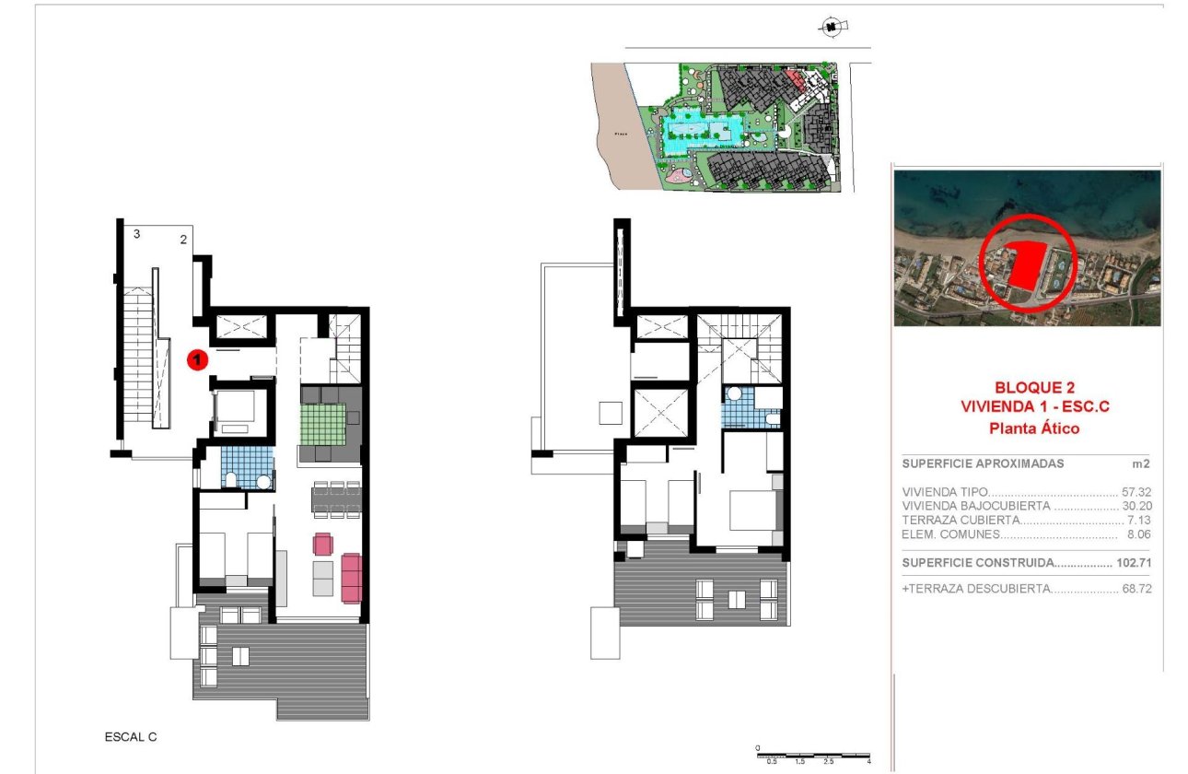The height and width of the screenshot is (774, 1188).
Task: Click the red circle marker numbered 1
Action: click(195, 360)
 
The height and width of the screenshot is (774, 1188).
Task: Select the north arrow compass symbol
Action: click(831, 28)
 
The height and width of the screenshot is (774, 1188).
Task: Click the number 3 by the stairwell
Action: click(136, 234)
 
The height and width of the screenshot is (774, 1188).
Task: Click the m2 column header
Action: click(1144, 463)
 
